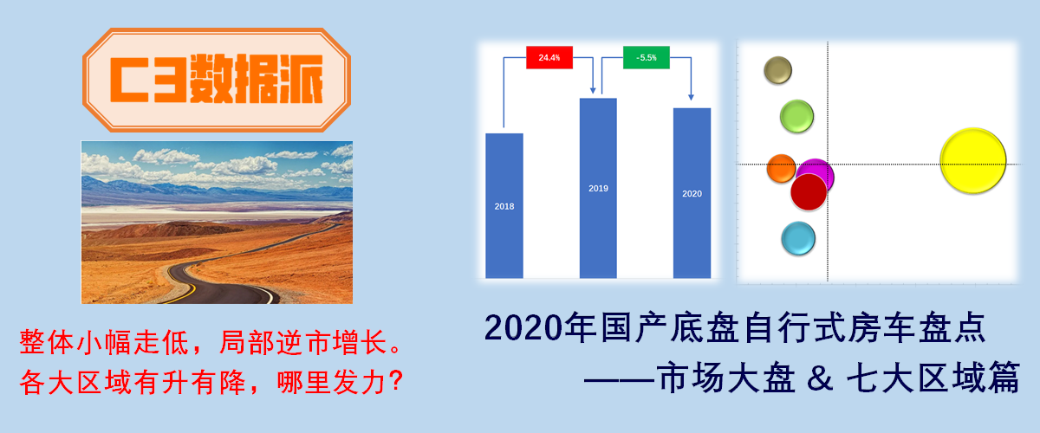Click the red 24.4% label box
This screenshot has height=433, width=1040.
pos(549,57)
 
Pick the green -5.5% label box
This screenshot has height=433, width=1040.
pos(646,57)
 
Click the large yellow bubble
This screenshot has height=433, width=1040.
pos(973,161)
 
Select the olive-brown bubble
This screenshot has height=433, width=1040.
pos(777,70)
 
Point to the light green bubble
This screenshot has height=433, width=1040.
pos(796,116)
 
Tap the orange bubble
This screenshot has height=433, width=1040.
pos(780,168)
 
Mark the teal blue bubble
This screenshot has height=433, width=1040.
pos(797,238)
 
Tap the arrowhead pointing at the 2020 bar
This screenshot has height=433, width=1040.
pos(692,98)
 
